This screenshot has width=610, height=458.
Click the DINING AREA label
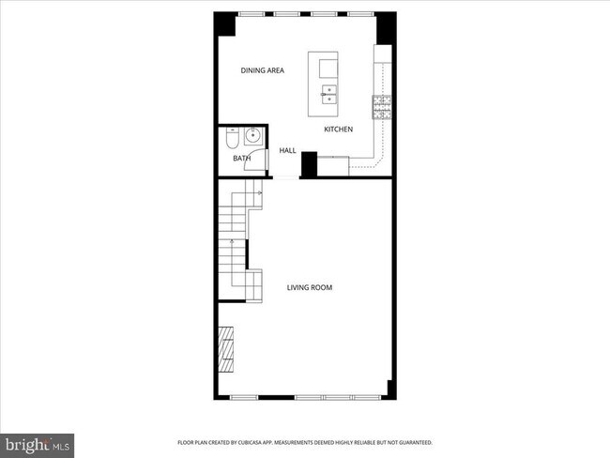point(263,70)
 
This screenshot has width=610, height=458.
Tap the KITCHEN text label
point(339,130)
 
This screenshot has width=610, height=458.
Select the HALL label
point(287,150)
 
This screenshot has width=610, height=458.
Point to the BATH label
point(241,159)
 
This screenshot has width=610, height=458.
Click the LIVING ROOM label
point(310,287)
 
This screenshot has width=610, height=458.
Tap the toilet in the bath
point(232,139)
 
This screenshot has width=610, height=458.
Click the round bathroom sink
point(252,137)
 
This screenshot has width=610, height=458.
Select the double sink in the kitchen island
point(329,94)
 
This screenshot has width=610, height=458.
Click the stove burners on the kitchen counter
point(382,108)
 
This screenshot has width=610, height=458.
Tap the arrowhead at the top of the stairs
point(258,193)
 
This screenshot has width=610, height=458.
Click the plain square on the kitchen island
point(329,69)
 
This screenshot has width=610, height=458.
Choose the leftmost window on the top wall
point(251,13)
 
